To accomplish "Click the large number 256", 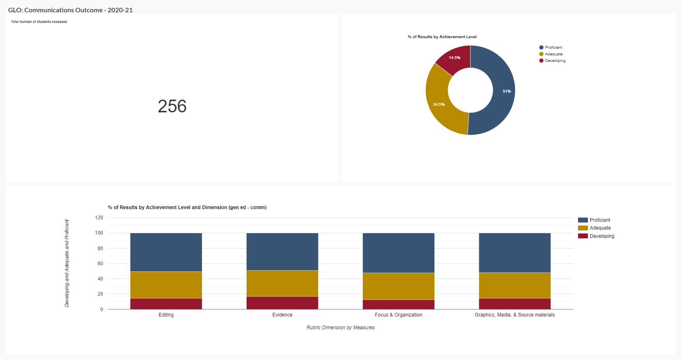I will (172, 106).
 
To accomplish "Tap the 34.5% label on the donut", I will (439, 105).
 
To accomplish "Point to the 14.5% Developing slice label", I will (454, 58).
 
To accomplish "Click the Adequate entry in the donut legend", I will (553, 54).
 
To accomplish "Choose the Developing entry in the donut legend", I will (555, 61).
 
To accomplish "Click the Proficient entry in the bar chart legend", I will (600, 220).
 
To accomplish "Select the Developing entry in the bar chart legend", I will (602, 236).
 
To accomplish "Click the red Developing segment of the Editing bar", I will (166, 304).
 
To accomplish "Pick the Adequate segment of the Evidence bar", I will (282, 283).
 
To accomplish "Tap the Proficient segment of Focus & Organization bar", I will (398, 253).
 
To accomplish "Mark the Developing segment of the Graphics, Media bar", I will (514, 304).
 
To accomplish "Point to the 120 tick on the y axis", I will (99, 218).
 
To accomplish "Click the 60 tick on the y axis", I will (100, 264).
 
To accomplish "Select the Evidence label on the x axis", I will (282, 315).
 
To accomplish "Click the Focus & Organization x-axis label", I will (398, 315).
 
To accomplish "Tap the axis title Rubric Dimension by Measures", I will (340, 328).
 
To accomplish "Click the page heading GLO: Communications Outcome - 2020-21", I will (71, 10).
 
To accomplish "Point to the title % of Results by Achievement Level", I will (442, 37).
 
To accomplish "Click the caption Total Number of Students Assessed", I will (39, 22).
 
